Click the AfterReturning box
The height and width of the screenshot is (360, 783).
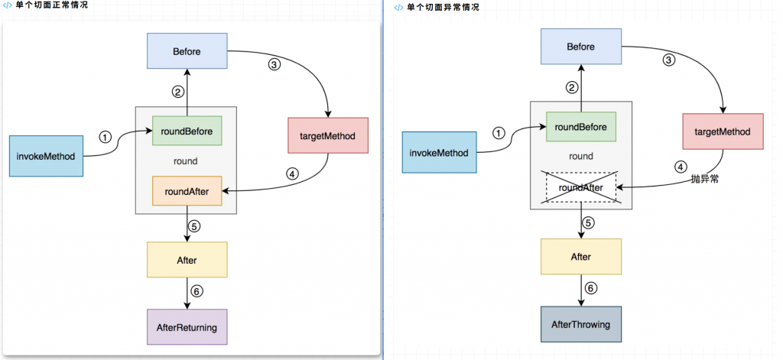tap(187, 327)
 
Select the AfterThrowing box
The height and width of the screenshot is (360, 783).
tap(581, 325)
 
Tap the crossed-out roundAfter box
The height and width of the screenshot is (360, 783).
tap(581, 187)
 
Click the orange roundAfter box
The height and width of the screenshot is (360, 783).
tap(187, 190)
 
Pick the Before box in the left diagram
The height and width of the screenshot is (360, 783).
tap(187, 51)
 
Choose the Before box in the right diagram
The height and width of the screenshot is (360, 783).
tap(581, 47)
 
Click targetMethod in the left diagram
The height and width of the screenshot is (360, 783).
tap(328, 135)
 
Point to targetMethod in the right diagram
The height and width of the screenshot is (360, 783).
tap(723, 131)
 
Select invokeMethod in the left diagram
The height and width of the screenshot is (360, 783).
tap(46, 156)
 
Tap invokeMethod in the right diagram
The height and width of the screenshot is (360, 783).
tap(440, 152)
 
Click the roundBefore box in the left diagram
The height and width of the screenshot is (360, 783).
tap(187, 131)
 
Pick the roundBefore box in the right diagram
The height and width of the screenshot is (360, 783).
tap(581, 127)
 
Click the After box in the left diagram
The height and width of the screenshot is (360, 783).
tap(187, 260)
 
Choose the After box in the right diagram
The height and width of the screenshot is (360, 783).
tap(581, 257)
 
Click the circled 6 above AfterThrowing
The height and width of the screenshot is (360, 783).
tap(591, 288)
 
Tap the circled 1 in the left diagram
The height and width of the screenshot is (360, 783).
tap(104, 136)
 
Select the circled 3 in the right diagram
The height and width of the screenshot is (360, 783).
tap(668, 60)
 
